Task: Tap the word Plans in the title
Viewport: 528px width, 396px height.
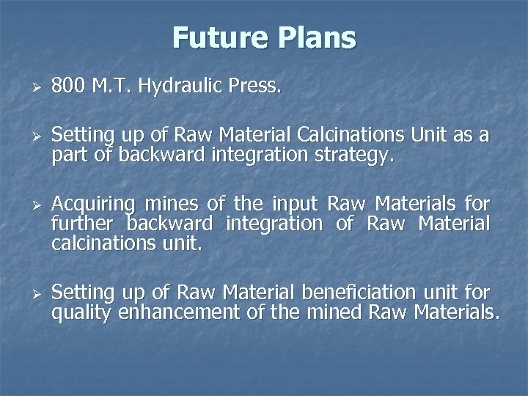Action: click(x=313, y=37)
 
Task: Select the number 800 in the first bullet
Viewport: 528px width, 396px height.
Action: click(x=68, y=87)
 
